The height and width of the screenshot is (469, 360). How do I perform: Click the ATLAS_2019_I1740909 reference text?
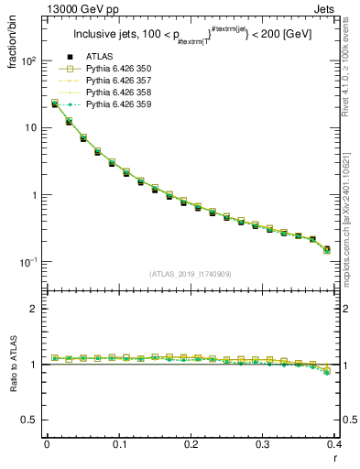point(191,273)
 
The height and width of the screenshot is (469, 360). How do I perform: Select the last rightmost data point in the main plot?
point(327,249)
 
